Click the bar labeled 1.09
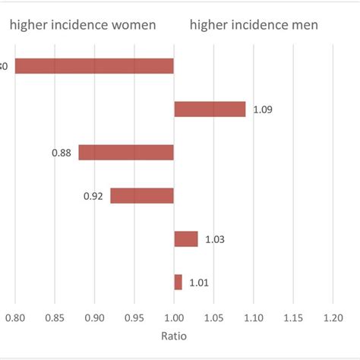pyautogui.click(x=210, y=109)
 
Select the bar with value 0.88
pyautogui.click(x=126, y=152)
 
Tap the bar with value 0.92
pyautogui.click(x=142, y=196)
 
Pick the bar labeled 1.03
pyautogui.click(x=186, y=239)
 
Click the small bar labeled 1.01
pyautogui.click(x=178, y=283)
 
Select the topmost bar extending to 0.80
pyautogui.click(x=94, y=66)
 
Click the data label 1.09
pyautogui.click(x=263, y=110)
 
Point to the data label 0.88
pyautogui.click(x=62, y=153)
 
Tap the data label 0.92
pyautogui.click(x=93, y=197)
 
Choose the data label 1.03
pyautogui.click(x=215, y=240)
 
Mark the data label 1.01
pyautogui.click(x=199, y=283)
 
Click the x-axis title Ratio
pyautogui.click(x=174, y=335)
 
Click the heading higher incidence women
pyautogui.click(x=83, y=26)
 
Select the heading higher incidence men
pyautogui.click(x=254, y=26)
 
